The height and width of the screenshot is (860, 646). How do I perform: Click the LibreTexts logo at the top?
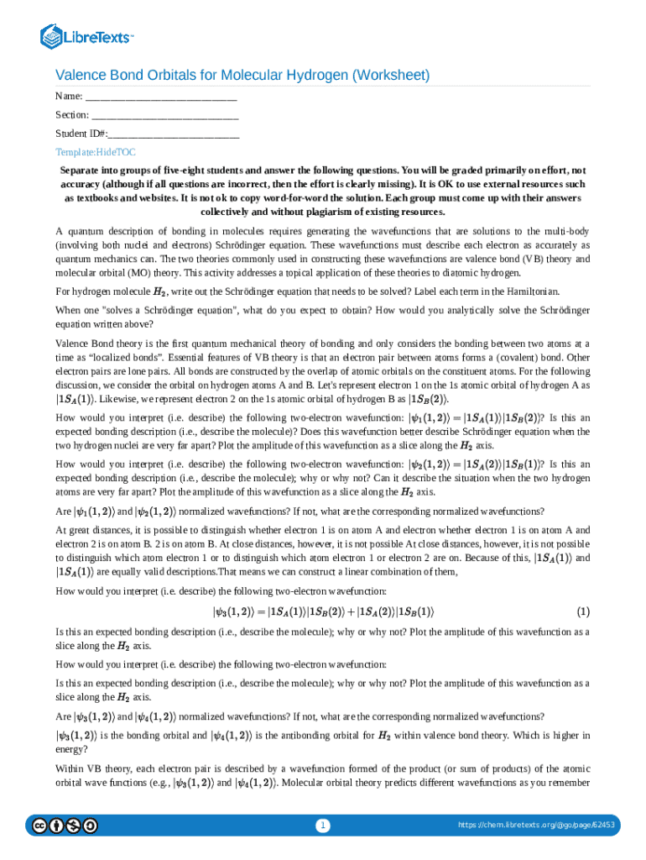(x=87, y=37)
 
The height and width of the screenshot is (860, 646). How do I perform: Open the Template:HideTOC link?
(x=96, y=152)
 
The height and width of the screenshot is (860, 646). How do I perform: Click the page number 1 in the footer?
(x=323, y=826)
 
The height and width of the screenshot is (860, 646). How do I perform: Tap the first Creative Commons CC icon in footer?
(x=39, y=826)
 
